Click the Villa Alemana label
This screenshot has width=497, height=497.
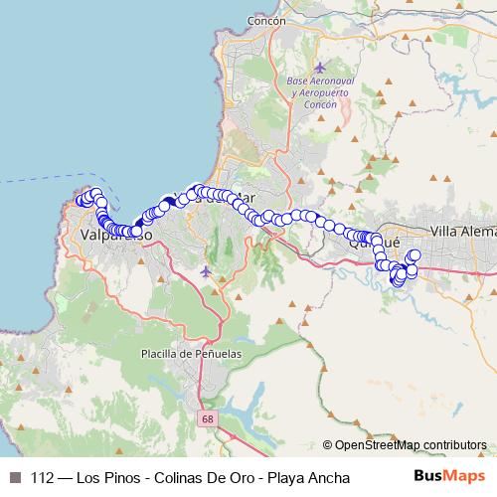point(462,231)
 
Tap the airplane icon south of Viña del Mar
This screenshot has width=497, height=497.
point(206,270)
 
